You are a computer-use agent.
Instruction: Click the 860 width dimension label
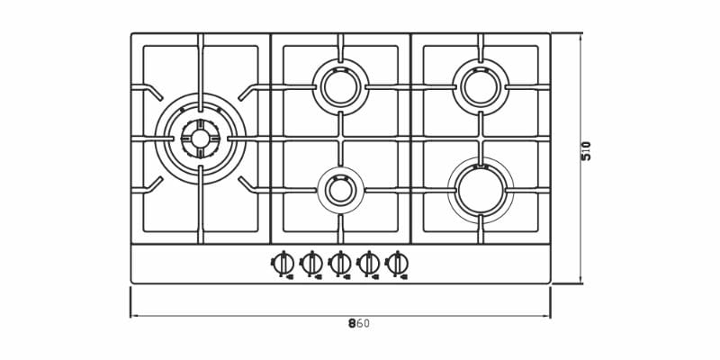click(358, 324)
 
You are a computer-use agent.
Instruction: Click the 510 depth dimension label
click(587, 150)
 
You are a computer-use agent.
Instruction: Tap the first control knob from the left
click(283, 264)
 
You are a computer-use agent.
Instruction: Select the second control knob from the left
click(311, 264)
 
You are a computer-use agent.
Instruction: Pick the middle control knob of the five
click(340, 264)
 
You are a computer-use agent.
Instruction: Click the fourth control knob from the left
click(368, 264)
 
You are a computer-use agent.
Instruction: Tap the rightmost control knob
click(397, 264)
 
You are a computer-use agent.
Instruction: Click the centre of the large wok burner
click(200, 139)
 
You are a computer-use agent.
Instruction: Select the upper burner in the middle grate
click(340, 86)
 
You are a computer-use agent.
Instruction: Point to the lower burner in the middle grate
click(340, 190)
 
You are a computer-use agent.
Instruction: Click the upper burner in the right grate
click(481, 86)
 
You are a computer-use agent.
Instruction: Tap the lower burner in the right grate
click(481, 190)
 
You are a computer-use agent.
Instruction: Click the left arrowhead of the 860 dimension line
click(132, 316)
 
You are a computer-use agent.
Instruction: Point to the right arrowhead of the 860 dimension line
click(548, 316)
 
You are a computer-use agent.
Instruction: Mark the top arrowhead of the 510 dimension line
click(580, 36)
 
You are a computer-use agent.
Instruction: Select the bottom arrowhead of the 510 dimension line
click(580, 281)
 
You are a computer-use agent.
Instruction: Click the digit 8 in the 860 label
click(352, 324)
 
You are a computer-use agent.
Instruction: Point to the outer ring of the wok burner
click(200, 94)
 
